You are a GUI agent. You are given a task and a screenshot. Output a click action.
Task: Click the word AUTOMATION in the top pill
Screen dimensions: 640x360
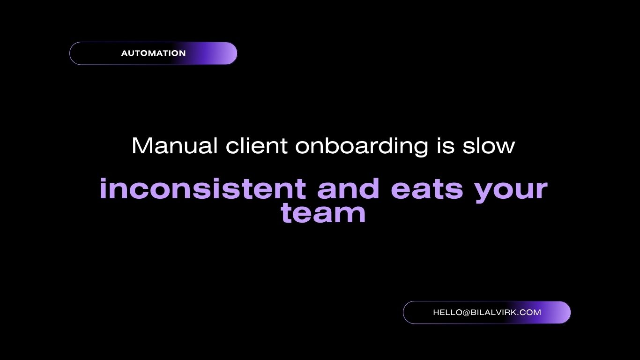point(153,53)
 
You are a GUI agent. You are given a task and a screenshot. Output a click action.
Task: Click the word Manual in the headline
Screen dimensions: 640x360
point(175,146)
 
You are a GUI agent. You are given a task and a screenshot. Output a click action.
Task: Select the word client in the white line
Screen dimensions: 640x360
point(256,146)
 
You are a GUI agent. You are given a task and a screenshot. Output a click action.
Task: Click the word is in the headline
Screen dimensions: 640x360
point(445,146)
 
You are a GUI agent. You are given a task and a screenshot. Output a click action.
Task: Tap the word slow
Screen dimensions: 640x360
point(489,146)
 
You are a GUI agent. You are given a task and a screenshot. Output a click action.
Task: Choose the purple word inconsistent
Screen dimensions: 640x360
point(203,188)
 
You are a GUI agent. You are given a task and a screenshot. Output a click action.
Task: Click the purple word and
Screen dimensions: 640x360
point(348,188)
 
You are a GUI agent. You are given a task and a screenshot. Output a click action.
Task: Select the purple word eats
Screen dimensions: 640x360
point(427,189)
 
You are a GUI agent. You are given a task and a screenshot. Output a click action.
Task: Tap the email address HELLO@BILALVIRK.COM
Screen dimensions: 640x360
point(487,312)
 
